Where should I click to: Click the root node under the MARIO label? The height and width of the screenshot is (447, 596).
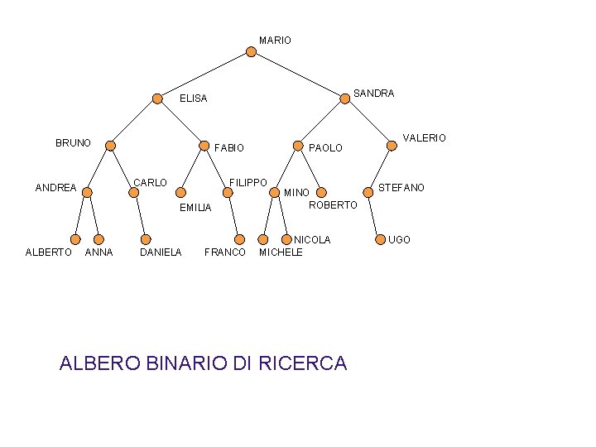tap(252, 52)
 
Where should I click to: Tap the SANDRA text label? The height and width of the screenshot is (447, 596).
tap(373, 94)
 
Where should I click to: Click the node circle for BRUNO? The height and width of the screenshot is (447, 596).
tap(111, 146)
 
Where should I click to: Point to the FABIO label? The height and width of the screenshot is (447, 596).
tap(229, 148)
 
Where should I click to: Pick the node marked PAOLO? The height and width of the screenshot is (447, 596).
tap(298, 146)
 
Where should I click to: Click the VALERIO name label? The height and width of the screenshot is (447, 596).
tap(424, 138)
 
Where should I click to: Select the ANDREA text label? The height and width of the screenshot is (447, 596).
tap(55, 188)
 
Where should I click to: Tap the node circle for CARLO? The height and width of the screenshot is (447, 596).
tap(134, 193)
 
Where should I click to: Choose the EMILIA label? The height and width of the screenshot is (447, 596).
tap(196, 207)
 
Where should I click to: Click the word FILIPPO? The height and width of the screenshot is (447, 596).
tap(248, 182)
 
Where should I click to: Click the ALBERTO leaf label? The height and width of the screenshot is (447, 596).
tap(48, 252)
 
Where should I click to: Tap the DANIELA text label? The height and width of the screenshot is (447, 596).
tap(161, 252)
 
